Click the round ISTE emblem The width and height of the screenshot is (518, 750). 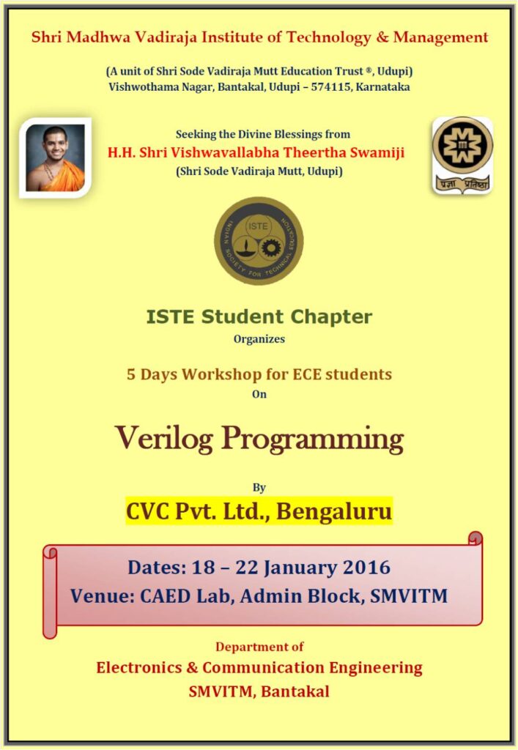[259, 240]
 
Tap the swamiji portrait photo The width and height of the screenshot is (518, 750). [56, 157]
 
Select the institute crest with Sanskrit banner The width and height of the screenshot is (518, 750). [462, 155]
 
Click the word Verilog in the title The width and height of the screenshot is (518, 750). [164, 439]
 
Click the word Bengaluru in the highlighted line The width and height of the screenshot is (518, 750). [334, 510]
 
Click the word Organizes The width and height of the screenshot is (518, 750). [259, 339]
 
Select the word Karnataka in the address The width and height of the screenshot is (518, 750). [382, 87]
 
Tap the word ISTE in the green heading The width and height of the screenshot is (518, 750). [171, 316]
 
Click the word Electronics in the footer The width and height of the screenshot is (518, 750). [138, 667]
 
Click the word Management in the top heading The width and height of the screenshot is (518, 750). [440, 37]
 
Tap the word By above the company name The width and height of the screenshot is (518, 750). [259, 487]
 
